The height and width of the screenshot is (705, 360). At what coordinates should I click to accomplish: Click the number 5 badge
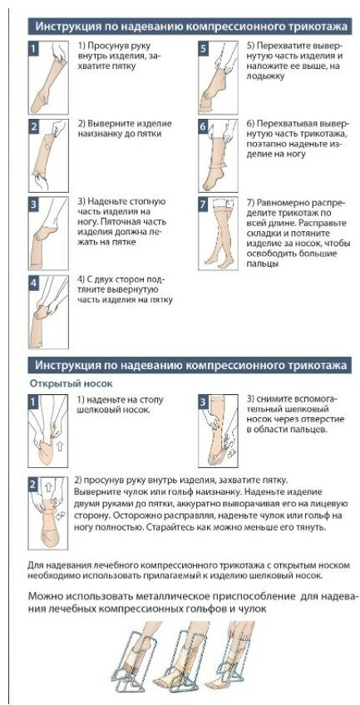coord(203,48)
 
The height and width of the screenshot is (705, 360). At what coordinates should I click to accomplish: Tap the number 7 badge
coord(203,205)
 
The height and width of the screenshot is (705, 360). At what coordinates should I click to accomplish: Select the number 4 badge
coord(34,283)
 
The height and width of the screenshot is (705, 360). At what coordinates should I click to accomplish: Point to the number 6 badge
coord(203,127)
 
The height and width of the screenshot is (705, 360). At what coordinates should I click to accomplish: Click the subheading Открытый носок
coord(71,383)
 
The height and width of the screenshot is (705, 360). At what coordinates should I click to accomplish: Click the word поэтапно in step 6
coord(265,144)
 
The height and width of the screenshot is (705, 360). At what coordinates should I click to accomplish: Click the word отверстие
coord(323,419)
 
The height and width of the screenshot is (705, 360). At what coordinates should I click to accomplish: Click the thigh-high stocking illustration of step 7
coord(220,233)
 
